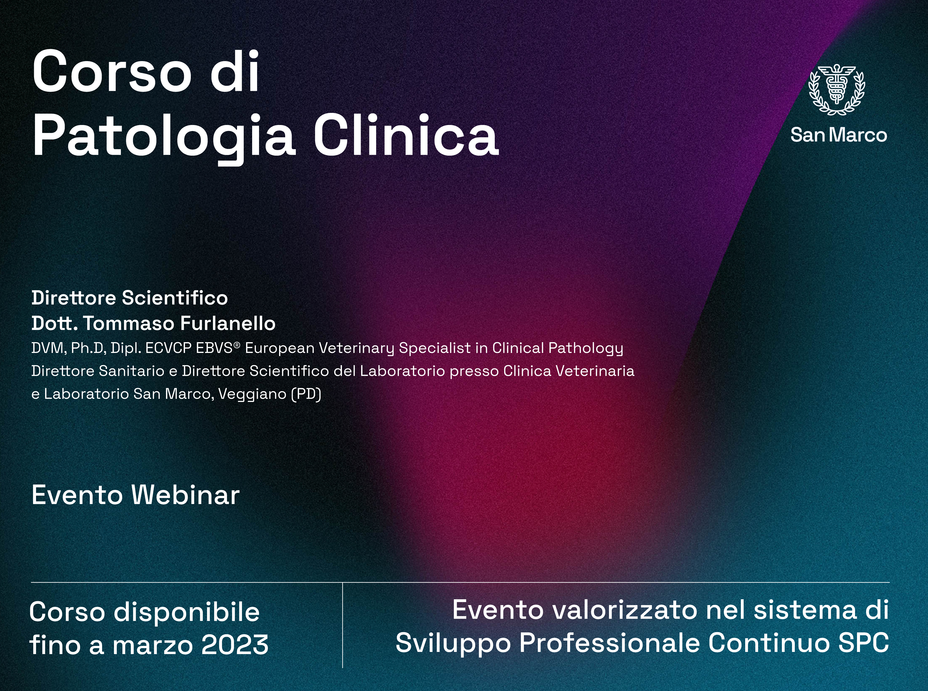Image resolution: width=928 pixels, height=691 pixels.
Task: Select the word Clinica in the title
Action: (x=406, y=135)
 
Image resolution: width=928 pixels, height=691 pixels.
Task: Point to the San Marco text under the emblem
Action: (x=838, y=135)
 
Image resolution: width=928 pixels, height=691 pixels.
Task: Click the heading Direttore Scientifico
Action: (x=130, y=298)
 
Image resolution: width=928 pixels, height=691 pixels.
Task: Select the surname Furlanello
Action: (x=228, y=323)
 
